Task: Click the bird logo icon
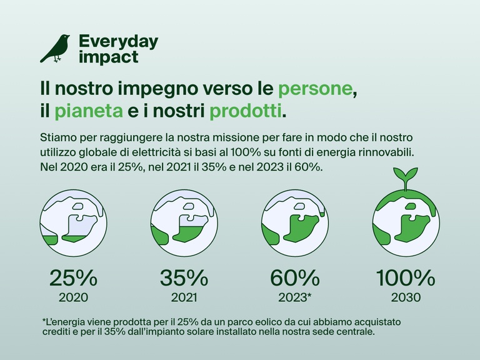tap(54, 48)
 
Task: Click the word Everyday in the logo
tap(118, 42)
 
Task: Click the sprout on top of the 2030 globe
tap(404, 176)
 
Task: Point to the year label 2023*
tap(295, 297)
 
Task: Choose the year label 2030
tap(404, 297)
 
